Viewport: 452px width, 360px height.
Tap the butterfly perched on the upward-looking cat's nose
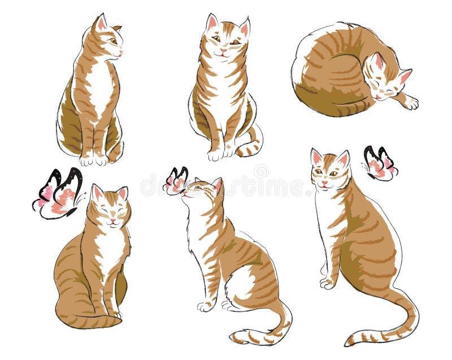tap(176, 181)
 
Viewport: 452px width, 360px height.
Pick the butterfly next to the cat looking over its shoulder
tap(379, 163)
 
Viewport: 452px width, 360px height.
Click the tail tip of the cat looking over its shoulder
tap(353, 340)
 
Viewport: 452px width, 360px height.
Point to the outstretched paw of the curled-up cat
tap(411, 103)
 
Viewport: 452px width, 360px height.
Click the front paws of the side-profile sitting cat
tap(94, 159)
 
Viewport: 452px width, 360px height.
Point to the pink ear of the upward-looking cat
tap(216, 185)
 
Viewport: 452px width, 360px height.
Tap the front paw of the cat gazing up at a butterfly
tap(206, 306)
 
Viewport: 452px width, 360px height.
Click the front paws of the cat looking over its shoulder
tap(327, 280)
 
